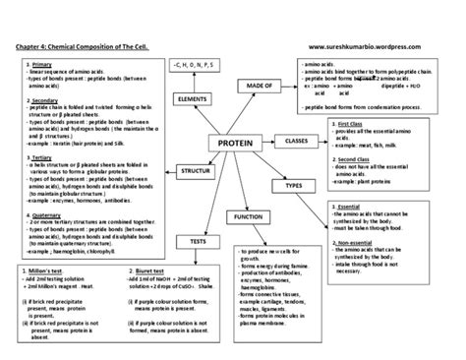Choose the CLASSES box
pyautogui.click(x=297, y=142)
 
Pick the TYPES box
pyautogui.click(x=292, y=185)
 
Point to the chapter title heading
pyautogui.click(x=89, y=45)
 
